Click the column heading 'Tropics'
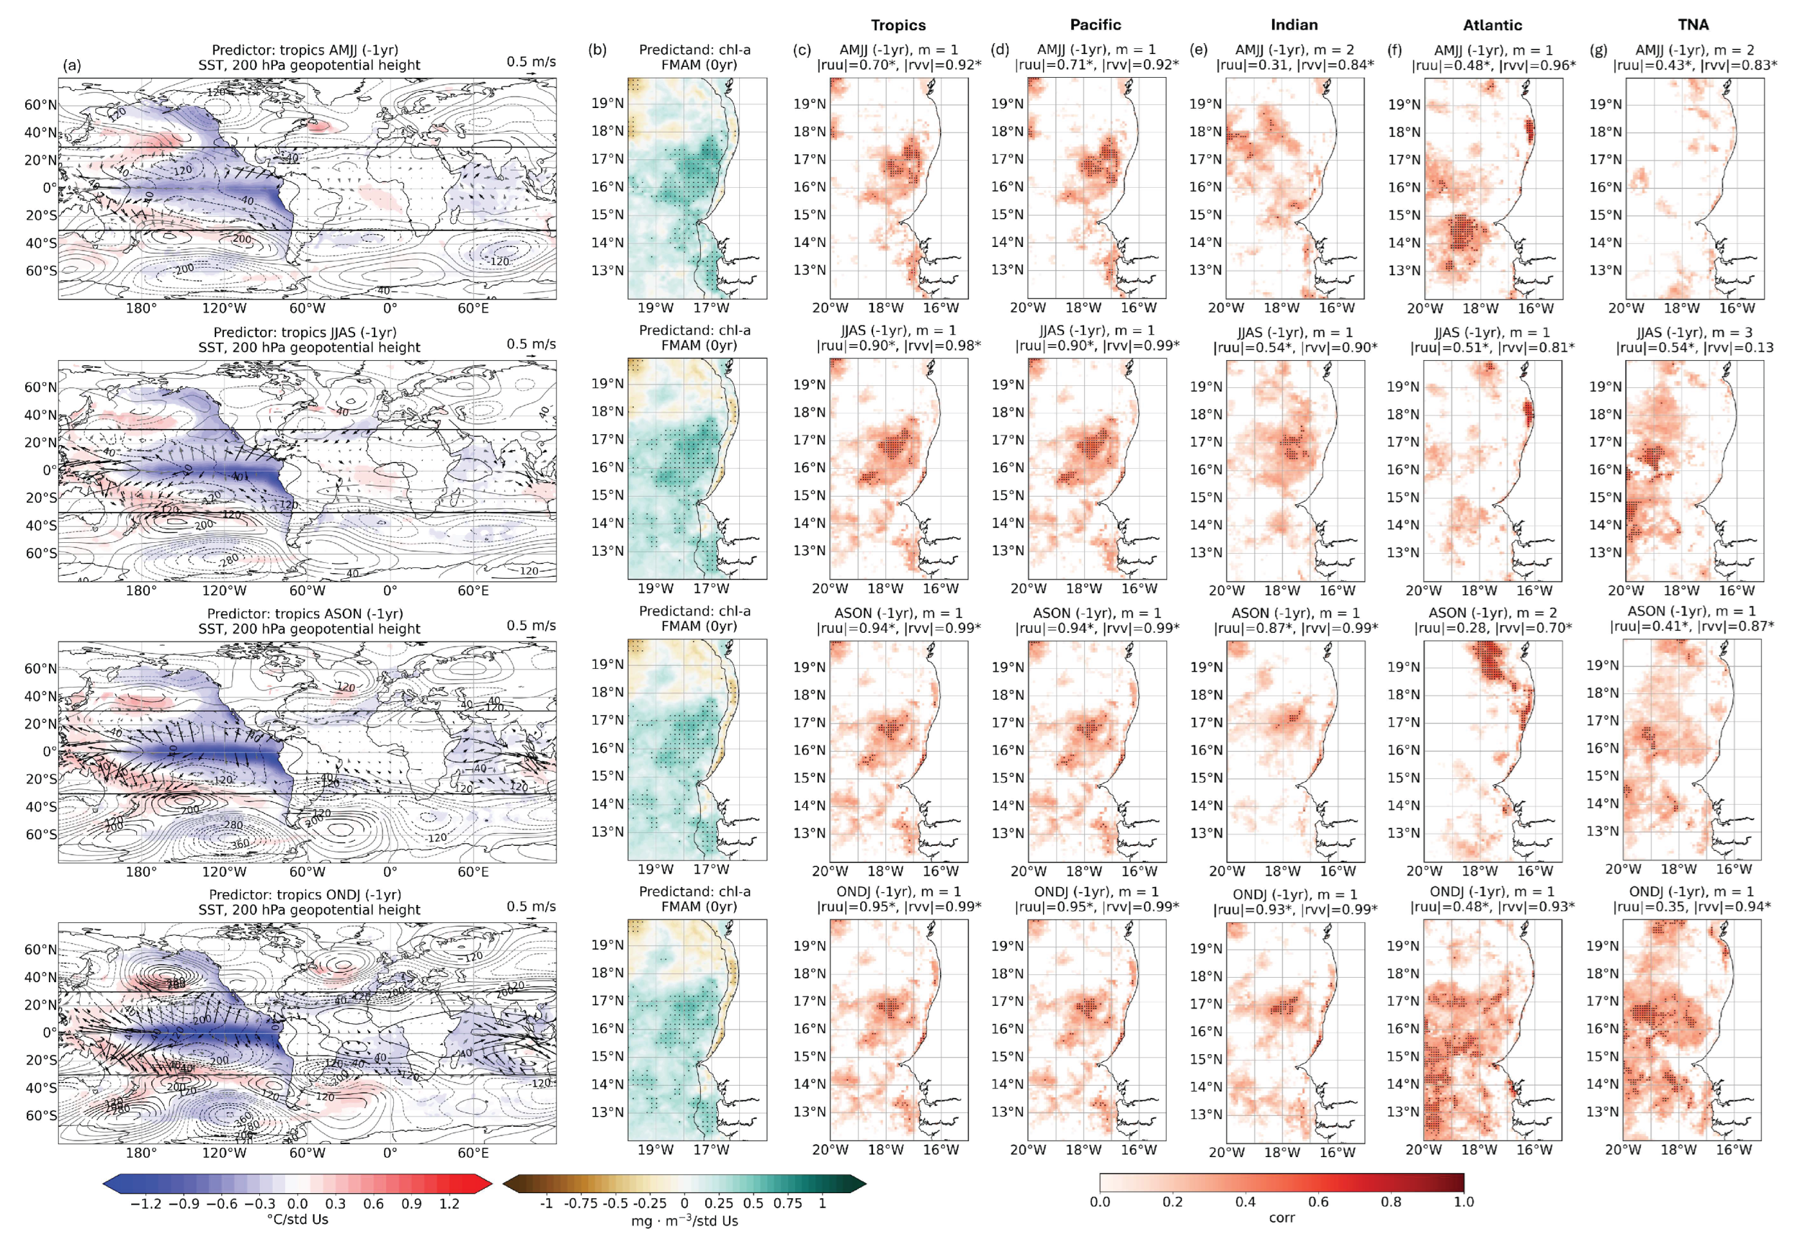(897, 25)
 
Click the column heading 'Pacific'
(1095, 25)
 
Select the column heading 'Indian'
(1294, 25)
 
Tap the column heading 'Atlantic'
(1492, 25)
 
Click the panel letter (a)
(71, 66)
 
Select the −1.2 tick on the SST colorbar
(145, 1204)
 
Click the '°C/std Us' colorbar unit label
(297, 1219)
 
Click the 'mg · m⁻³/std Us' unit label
(684, 1221)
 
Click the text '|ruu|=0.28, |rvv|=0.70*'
(1492, 628)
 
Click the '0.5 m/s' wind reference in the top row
(531, 62)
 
